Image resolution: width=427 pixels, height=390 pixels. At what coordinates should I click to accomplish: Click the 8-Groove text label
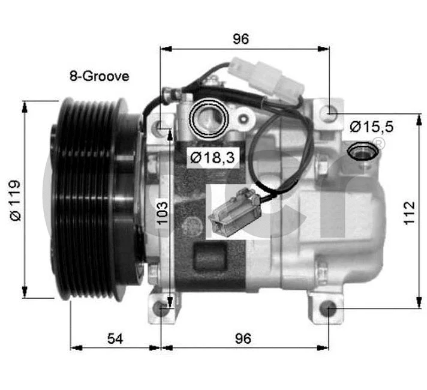click(98, 76)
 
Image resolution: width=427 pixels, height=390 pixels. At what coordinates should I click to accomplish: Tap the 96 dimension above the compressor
click(240, 39)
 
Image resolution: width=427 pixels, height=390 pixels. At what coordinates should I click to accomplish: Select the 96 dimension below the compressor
click(242, 338)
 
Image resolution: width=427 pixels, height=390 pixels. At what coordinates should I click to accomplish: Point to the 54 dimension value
click(115, 338)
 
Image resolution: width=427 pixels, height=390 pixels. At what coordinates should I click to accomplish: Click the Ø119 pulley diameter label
click(16, 200)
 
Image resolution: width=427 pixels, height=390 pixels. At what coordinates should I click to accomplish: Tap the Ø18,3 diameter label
click(212, 158)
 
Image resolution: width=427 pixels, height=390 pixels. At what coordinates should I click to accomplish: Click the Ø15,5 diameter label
click(371, 127)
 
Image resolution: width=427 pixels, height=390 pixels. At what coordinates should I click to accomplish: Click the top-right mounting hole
click(327, 112)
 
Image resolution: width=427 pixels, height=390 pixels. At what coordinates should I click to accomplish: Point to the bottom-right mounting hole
click(327, 310)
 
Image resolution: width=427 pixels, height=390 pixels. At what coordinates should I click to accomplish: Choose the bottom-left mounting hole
click(161, 308)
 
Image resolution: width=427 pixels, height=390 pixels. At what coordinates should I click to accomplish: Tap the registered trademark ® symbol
click(378, 143)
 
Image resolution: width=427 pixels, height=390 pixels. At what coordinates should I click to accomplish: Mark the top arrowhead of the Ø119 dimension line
click(25, 106)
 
